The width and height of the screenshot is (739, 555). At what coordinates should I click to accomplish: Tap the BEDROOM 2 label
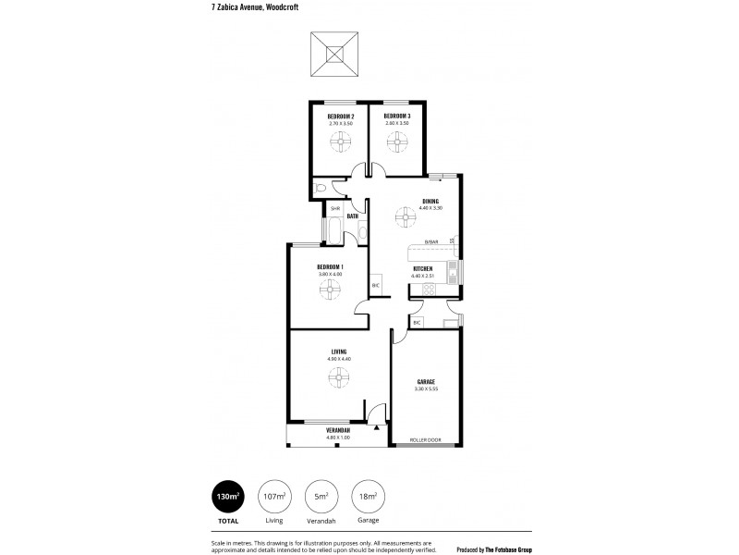(x=341, y=116)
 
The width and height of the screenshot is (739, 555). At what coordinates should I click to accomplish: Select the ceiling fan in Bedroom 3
(x=396, y=142)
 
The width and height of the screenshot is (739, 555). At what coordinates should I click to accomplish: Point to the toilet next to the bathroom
(x=320, y=189)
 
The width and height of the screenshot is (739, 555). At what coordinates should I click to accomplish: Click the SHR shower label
(x=323, y=208)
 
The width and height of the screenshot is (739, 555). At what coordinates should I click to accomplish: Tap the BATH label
(x=353, y=216)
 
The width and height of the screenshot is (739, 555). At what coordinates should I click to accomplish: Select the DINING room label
(x=430, y=201)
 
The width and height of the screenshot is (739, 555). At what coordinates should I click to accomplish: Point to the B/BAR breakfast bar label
(x=430, y=242)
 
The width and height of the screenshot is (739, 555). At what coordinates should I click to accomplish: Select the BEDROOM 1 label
(x=330, y=266)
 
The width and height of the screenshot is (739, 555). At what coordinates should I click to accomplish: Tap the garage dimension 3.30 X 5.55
(x=426, y=389)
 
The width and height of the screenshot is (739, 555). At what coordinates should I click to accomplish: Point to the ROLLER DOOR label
(x=425, y=440)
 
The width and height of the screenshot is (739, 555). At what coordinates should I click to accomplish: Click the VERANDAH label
(x=338, y=430)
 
